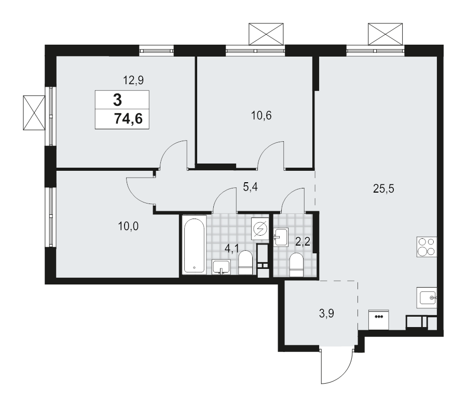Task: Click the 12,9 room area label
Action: coord(133,80)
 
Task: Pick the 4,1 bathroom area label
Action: coord(231,248)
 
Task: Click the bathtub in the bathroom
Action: coord(194,245)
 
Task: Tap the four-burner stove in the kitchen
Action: coord(427,247)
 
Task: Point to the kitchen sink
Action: coord(428,298)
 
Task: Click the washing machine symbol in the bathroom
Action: coord(259,228)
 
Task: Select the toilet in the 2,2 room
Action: coord(296,263)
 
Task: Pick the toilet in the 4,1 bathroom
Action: coord(245,263)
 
